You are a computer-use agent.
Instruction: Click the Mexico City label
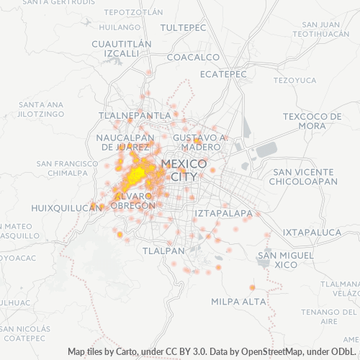(x=184, y=170)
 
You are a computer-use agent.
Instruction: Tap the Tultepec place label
(x=183, y=27)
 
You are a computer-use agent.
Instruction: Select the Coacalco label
(x=192, y=57)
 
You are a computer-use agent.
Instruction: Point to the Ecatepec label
(x=223, y=74)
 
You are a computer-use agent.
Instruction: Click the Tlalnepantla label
(x=135, y=115)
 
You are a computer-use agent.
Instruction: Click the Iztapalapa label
(x=224, y=213)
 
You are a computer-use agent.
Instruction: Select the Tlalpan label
(x=163, y=251)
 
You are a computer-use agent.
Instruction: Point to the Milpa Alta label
(x=239, y=301)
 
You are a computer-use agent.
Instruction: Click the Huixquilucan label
(x=64, y=207)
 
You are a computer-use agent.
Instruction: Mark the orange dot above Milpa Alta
(x=252, y=288)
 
